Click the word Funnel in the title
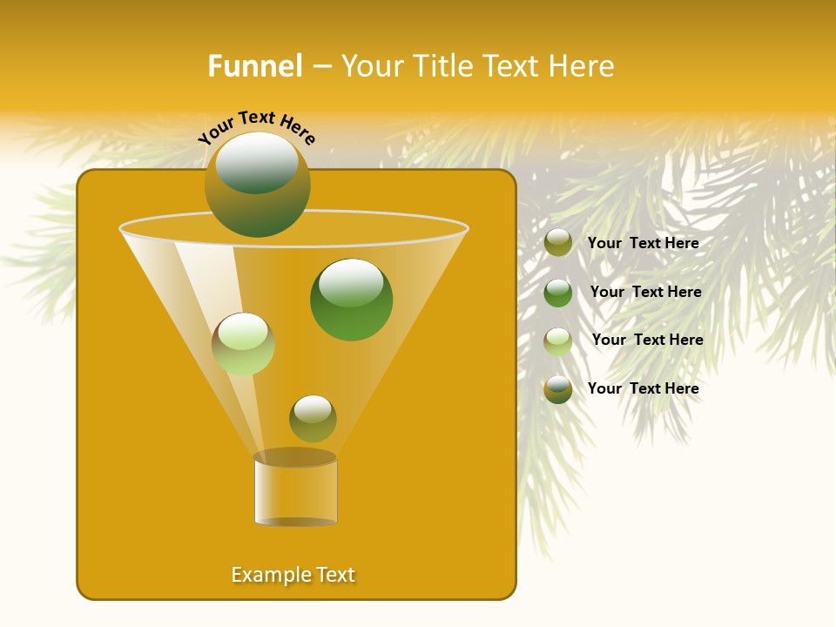(x=254, y=66)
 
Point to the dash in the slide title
(x=321, y=66)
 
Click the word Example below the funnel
(x=269, y=575)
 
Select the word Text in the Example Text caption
(x=334, y=575)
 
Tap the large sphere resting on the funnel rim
(x=257, y=184)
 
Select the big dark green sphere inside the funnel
(x=351, y=300)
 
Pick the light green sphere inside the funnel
(x=243, y=344)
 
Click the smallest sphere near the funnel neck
(x=313, y=418)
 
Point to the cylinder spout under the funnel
(x=295, y=492)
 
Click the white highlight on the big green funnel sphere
(x=351, y=281)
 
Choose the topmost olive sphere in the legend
(x=558, y=243)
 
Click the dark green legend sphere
(x=558, y=293)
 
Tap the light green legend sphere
(x=558, y=341)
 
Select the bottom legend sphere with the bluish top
(x=558, y=389)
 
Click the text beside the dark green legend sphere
(x=645, y=292)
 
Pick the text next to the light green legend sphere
(x=647, y=340)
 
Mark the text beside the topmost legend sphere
(x=643, y=243)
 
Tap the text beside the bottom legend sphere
(x=643, y=388)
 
